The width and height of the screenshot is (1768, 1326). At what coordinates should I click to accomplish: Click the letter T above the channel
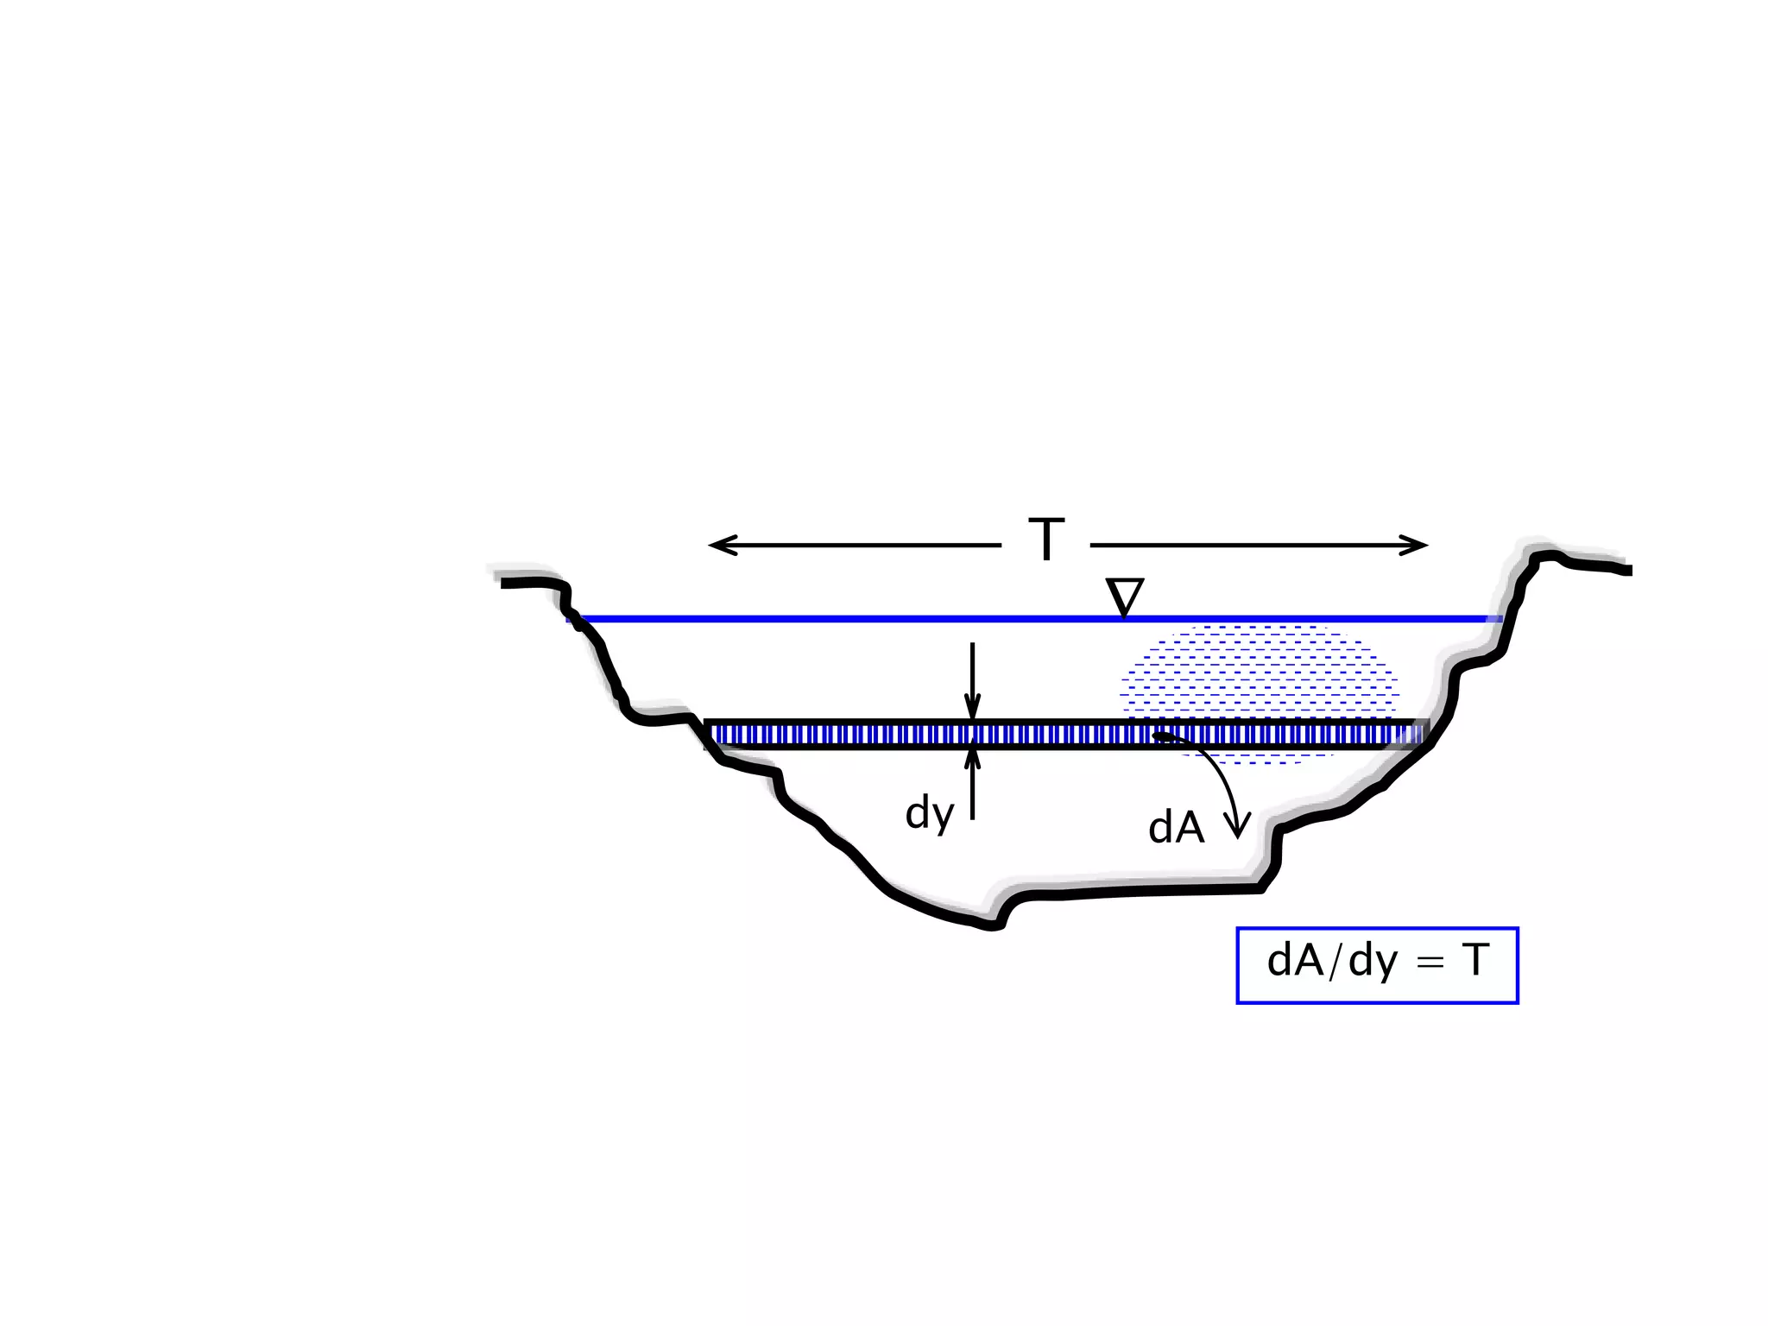[1046, 540]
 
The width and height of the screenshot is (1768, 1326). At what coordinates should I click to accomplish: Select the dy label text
[930, 814]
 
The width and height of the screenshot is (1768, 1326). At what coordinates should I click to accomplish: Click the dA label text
[1177, 829]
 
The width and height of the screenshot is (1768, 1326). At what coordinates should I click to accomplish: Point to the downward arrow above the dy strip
[972, 681]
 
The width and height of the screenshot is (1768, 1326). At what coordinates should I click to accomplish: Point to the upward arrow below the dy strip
[972, 783]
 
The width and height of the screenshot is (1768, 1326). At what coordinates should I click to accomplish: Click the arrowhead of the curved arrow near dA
[1239, 827]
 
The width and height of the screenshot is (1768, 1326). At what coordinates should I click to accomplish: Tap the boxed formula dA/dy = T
[1378, 965]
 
